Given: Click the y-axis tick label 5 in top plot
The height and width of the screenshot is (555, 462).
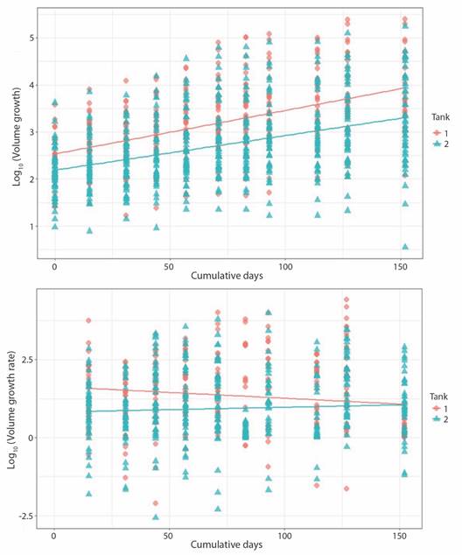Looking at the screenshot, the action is pos(31,38).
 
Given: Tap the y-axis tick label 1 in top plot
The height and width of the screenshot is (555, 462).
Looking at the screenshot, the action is pos(31,227).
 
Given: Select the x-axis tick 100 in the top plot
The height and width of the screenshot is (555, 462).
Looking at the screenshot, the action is pos(284,266).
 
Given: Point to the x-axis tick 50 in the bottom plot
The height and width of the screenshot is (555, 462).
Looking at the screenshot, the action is pos(169,536).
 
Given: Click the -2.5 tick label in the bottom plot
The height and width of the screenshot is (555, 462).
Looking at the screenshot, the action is pos(24,516).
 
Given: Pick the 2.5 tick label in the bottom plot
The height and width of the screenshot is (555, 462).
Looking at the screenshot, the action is pos(26,360).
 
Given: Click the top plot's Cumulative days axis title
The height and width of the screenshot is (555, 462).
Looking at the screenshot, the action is pos(227,276).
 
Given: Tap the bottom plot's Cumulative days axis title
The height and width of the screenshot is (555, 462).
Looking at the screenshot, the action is pos(227,544).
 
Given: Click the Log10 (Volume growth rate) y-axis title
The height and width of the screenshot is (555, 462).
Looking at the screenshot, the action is pos(12,410).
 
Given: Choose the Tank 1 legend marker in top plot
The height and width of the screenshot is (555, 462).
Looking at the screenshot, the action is pos(437,133).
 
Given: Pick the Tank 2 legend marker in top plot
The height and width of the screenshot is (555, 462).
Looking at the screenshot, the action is pos(437,144).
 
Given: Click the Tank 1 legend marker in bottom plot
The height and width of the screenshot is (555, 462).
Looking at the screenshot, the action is pos(437,409).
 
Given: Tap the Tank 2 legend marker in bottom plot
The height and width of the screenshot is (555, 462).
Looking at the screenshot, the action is pos(437,419).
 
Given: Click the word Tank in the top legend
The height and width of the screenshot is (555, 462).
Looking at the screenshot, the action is pos(440,117).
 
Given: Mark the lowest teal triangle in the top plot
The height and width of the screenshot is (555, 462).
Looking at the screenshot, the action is pos(405,247).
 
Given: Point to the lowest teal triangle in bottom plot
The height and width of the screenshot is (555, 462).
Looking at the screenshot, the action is pos(156,517).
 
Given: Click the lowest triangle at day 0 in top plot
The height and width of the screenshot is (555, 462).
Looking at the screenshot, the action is pos(55,227).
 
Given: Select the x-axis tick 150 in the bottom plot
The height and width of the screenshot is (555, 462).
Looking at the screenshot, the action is pos(400,536).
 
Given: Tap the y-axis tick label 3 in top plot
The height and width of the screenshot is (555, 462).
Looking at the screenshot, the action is pos(31,132).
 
